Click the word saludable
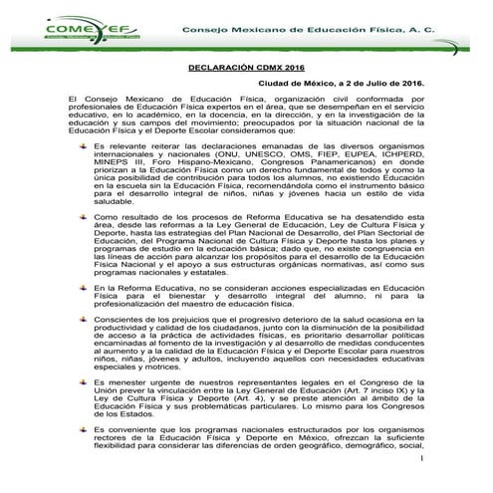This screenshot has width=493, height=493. click(114, 227)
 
